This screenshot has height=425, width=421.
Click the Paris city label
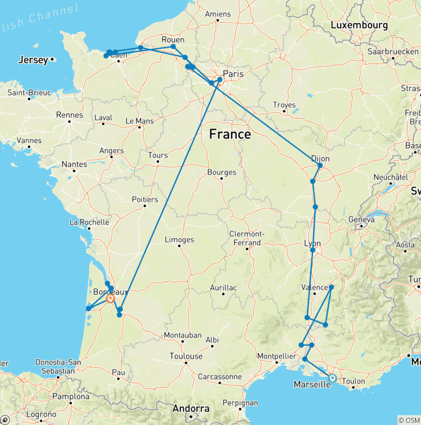[x=233, y=73]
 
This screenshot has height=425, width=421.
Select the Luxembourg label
[x=359, y=25]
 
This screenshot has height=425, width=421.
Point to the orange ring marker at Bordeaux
[x=110, y=298]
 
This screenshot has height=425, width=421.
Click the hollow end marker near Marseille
[x=332, y=377]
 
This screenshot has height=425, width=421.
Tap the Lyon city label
[x=311, y=244]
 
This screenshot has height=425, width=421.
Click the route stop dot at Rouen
[x=173, y=47]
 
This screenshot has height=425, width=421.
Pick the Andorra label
[x=191, y=409]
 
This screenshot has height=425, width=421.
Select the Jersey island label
[x=33, y=60]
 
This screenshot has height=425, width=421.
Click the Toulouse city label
[x=186, y=356]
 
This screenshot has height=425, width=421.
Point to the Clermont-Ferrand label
[x=247, y=238]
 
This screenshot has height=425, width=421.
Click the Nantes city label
[x=75, y=164]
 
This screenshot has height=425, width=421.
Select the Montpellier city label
[x=280, y=356]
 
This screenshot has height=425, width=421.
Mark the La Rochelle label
[x=89, y=222]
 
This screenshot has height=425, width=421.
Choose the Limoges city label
[x=179, y=239]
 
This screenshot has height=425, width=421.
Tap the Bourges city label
[x=221, y=172]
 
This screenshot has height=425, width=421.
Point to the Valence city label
[x=315, y=288]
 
